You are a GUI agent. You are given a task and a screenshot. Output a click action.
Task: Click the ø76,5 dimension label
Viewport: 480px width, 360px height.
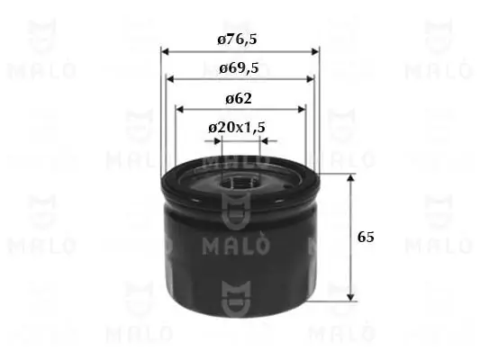coord(240,40)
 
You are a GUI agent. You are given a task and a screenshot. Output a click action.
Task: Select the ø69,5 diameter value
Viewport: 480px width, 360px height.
coord(240,67)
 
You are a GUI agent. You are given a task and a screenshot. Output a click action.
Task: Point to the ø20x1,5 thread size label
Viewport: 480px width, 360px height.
coord(237,128)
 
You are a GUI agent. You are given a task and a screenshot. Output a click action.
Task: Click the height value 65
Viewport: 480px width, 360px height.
coord(365,238)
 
